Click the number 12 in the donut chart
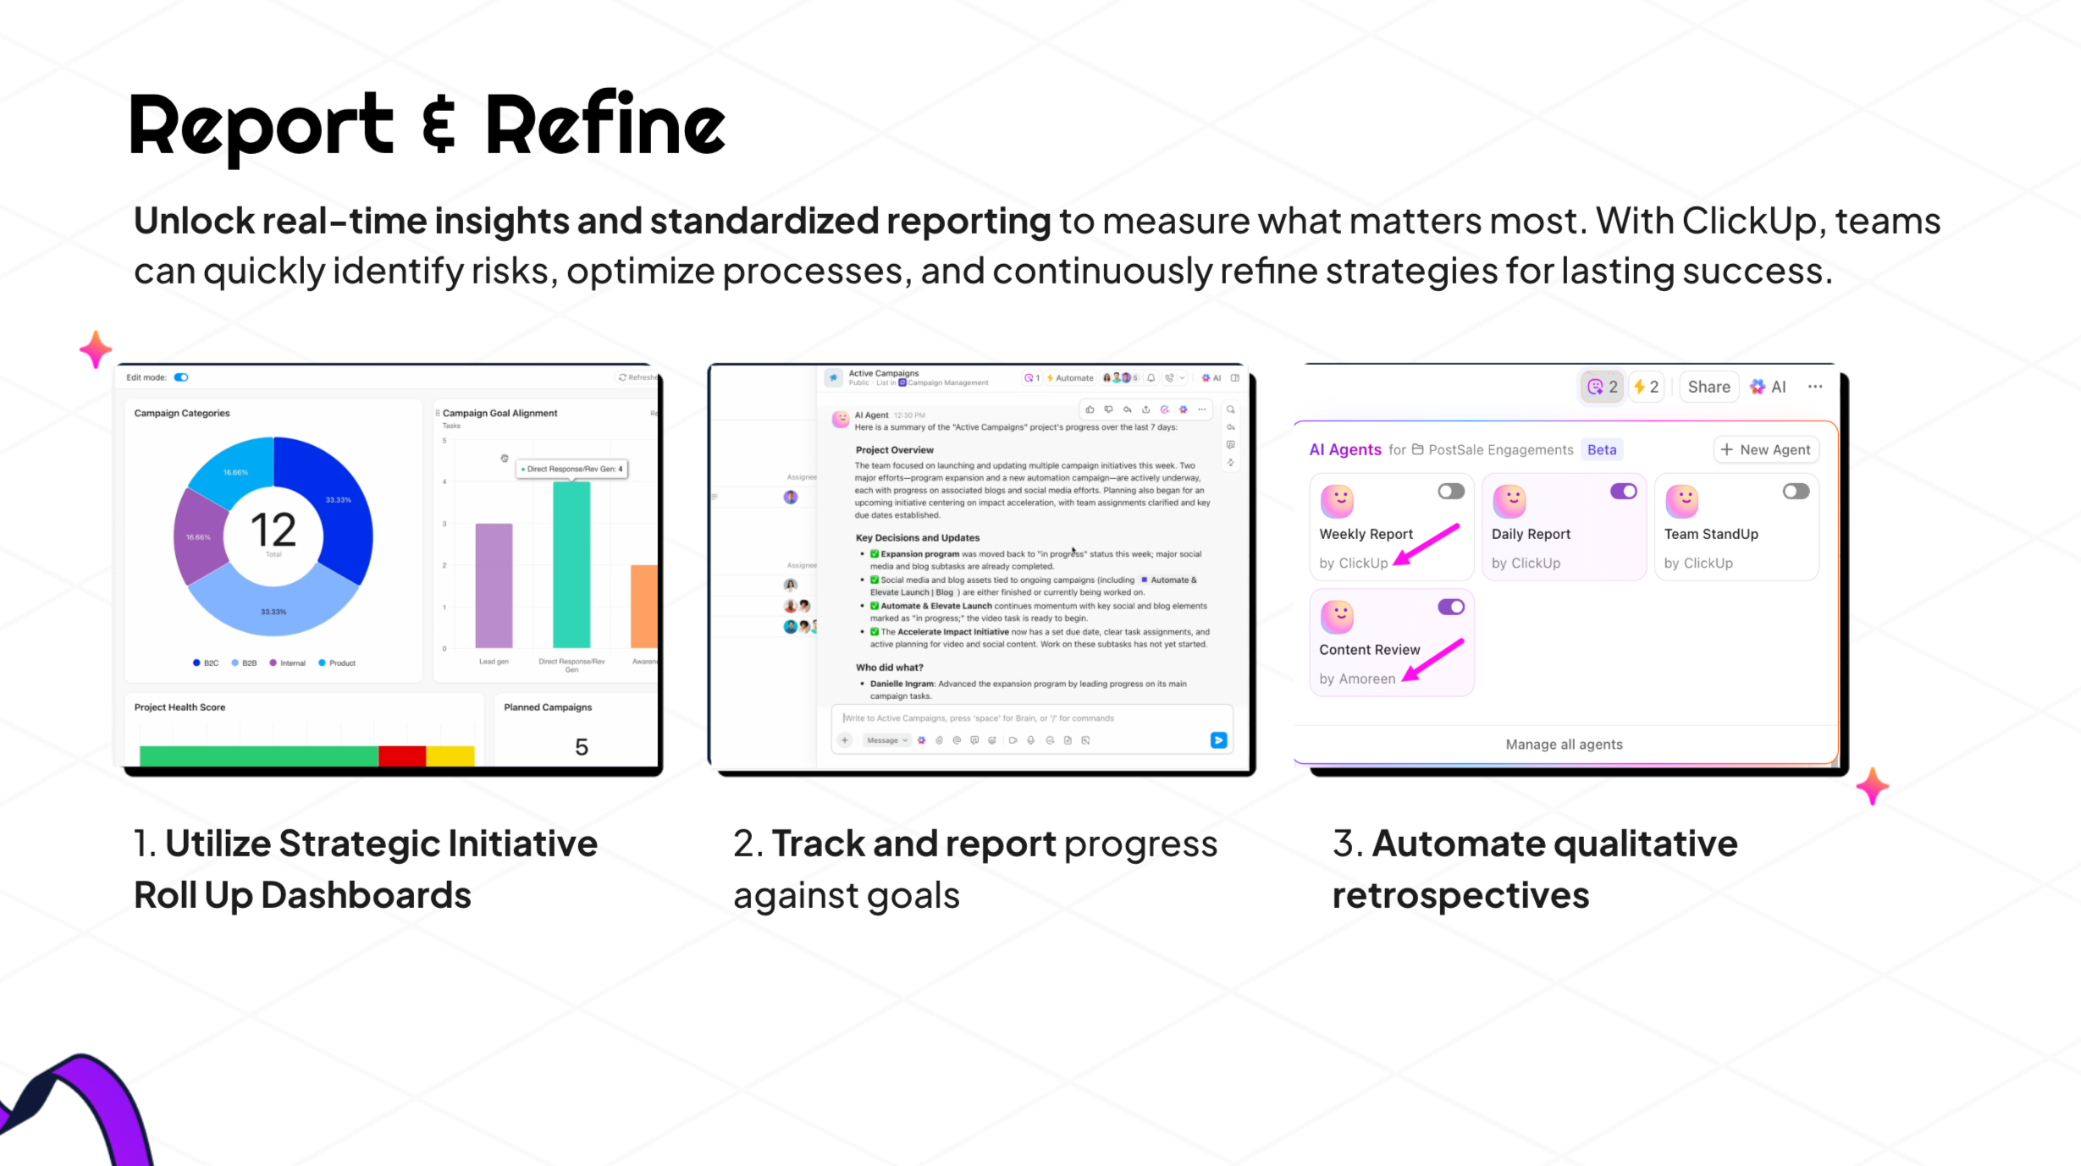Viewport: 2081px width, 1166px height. click(273, 531)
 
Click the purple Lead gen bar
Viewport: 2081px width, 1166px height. click(494, 585)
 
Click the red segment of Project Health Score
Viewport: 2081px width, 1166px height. click(402, 755)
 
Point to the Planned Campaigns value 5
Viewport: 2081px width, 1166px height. click(582, 747)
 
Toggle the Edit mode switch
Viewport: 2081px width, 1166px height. click(181, 377)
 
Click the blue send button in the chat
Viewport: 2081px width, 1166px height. click(1218, 740)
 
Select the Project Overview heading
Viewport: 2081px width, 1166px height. click(894, 450)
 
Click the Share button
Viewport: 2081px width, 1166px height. click(1708, 387)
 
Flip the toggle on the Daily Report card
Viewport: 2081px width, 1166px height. click(1623, 492)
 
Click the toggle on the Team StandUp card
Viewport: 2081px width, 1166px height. click(1795, 492)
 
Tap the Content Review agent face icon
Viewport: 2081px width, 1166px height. click(1337, 617)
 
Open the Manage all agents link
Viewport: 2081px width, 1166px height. click(1564, 745)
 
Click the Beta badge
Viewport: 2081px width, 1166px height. click(1601, 450)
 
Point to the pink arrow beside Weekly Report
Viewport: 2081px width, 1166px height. click(1427, 544)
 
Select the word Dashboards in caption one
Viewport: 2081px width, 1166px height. click(366, 895)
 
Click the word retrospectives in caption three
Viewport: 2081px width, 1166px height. click(1460, 895)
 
